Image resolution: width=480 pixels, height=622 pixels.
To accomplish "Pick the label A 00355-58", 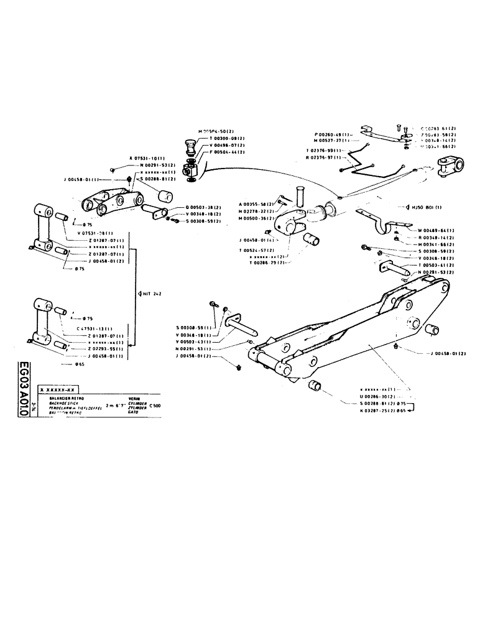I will click(257, 204).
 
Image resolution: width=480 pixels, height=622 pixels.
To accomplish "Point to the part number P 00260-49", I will click(334, 134).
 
